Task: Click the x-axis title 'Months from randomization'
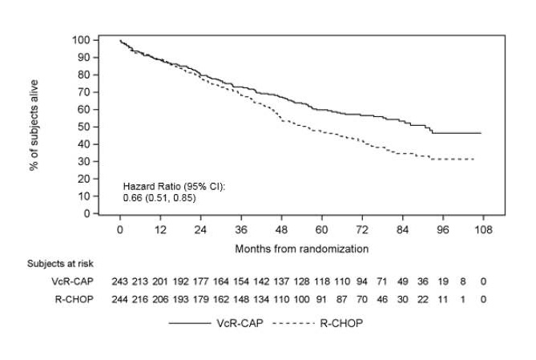(x=301, y=249)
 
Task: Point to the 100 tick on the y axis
(x=83, y=39)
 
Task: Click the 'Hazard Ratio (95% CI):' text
(x=174, y=185)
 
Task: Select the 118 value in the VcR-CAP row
(x=321, y=281)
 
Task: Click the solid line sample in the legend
(x=189, y=323)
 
